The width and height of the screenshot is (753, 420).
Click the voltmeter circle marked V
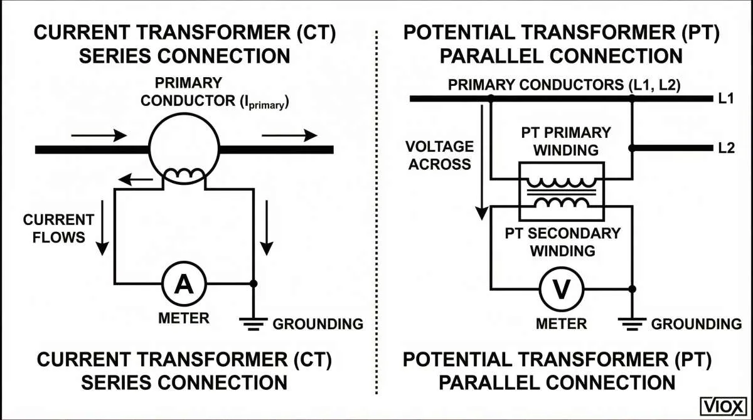562,289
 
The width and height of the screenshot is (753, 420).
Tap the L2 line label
726,149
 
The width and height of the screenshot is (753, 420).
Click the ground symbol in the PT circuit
632,322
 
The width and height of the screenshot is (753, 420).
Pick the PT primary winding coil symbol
561,182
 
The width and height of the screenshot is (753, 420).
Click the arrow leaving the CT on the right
289,134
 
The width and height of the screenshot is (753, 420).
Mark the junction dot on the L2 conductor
632,149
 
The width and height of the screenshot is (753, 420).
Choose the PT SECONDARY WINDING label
562,242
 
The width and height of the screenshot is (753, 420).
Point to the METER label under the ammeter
183,318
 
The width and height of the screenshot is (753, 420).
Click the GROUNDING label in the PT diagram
696,324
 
